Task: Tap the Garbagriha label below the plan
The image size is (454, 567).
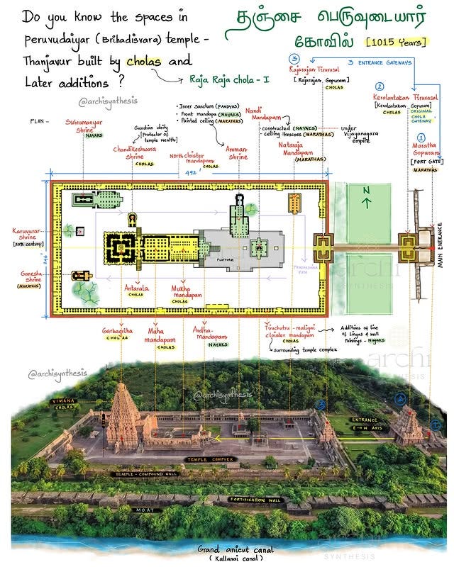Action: tap(119, 332)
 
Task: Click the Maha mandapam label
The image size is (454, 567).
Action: tap(160, 335)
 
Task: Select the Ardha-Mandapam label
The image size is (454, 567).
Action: tap(211, 334)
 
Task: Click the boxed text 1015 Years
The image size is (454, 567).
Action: tap(397, 43)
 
